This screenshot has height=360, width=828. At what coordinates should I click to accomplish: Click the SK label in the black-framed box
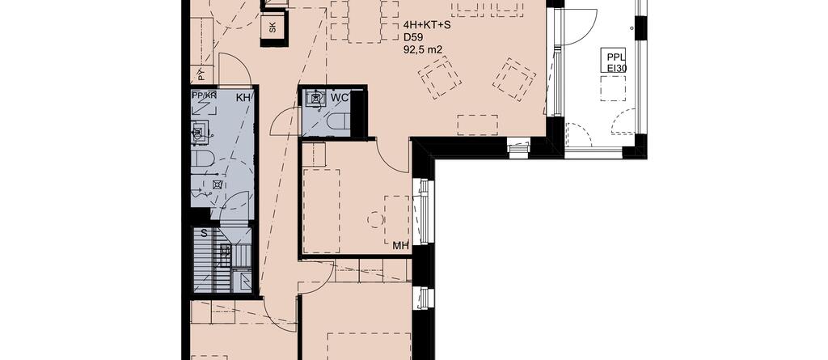272,28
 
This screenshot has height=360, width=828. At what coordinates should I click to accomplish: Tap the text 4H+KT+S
427,25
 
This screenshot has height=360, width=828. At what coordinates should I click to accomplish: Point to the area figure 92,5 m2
422,50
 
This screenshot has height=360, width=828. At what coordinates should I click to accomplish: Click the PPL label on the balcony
615,57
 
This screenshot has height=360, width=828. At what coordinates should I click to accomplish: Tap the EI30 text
615,67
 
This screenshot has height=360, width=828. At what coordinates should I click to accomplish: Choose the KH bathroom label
243,97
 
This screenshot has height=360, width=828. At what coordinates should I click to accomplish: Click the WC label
339,98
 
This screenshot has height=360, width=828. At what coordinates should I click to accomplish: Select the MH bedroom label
401,246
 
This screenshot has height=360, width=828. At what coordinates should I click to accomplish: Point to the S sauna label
204,233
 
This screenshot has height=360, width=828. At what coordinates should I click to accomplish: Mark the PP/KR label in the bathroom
205,96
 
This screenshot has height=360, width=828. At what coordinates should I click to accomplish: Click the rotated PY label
201,74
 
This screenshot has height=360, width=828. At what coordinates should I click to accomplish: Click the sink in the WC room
316,99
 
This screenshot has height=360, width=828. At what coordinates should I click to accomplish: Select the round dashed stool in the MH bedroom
375,219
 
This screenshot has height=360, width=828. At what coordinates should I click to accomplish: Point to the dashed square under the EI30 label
613,88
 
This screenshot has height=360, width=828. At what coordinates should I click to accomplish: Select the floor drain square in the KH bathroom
216,184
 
